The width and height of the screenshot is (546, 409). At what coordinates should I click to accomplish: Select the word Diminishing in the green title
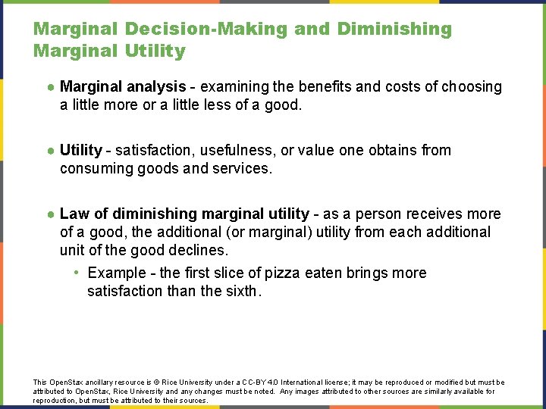394,30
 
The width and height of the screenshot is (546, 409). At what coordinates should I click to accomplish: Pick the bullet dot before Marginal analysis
49,87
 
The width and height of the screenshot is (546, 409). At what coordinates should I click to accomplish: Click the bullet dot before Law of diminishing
49,214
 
